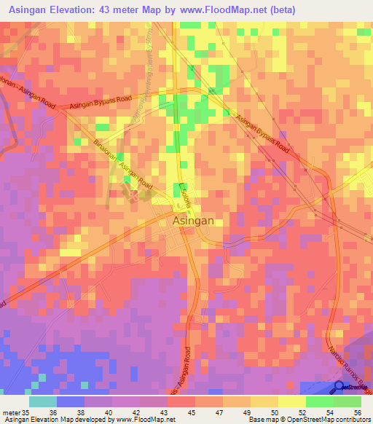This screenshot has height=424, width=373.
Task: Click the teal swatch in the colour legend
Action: coord(43,401)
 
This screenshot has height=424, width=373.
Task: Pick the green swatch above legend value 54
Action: coord(320,401)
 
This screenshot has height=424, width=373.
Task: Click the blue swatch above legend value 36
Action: coord(71,401)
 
